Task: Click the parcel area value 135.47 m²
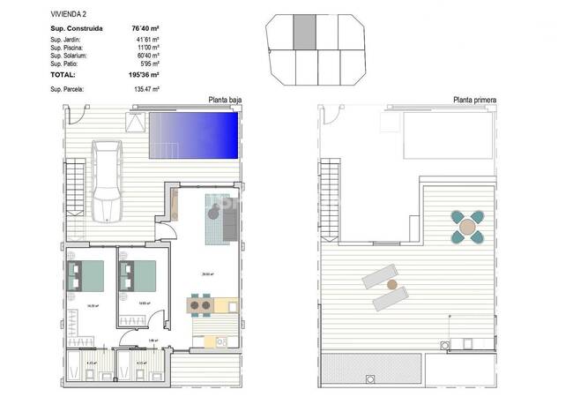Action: click(145, 89)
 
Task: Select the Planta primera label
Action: click(474, 100)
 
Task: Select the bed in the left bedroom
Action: click(86, 275)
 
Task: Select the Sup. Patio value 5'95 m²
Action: click(146, 64)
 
